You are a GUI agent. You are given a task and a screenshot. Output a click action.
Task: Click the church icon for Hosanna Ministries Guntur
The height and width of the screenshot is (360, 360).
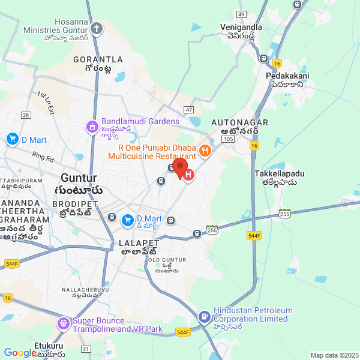tap(97, 28)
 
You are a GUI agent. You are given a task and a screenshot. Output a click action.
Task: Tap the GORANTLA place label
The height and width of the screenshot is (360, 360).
tap(98, 60)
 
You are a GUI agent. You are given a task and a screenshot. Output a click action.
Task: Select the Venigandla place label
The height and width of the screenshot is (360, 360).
tap(241, 28)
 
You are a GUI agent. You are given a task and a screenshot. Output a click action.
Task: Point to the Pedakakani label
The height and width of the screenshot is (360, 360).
tap(287, 76)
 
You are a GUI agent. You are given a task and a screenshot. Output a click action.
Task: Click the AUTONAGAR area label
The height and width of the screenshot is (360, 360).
tap(235, 122)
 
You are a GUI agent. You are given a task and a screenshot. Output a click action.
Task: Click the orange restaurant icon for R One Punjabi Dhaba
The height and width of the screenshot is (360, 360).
tap(205, 151)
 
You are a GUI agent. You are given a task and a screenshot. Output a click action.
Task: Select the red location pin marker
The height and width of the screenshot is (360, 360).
tap(181, 167)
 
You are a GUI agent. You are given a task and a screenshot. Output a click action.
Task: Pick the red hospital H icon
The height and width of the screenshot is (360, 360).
tap(188, 176)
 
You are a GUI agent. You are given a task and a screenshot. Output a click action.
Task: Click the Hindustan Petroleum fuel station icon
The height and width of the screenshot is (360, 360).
tap(204, 316)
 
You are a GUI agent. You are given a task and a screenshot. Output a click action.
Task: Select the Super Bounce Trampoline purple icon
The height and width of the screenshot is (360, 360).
tap(63, 325)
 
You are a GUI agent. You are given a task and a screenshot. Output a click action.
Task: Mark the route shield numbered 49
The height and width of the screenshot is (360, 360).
tap(241, 14)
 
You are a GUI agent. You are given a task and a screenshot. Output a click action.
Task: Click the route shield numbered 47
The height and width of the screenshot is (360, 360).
tap(189, 110)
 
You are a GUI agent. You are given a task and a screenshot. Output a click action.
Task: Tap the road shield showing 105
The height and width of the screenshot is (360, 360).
tap(227, 139)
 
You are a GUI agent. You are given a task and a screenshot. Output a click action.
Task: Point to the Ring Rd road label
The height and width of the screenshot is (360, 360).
tap(43, 158)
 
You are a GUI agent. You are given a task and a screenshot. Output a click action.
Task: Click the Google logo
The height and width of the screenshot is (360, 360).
tap(20, 353)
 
